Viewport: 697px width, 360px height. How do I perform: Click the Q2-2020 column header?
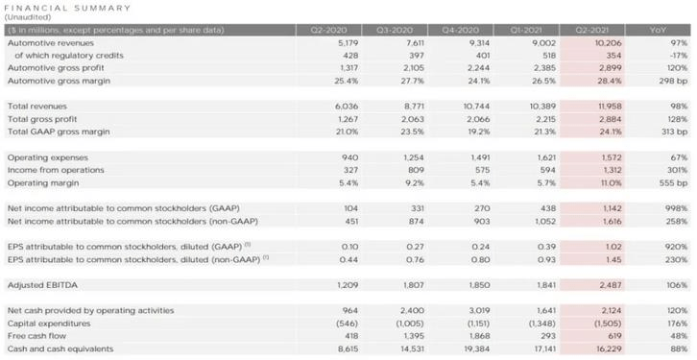329,30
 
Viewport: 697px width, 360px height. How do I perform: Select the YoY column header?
661,30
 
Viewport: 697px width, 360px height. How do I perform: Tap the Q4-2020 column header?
461,30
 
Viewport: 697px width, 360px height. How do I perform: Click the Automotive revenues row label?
51,43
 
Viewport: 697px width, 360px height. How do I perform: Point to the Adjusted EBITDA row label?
42,285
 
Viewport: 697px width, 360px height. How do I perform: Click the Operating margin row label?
43,182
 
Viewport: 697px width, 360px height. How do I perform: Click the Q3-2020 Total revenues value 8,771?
414,107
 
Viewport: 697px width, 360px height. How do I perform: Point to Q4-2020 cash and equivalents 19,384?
476,348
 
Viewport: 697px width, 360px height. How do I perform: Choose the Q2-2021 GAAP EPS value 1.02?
613,247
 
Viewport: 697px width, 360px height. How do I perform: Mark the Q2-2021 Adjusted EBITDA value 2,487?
611,285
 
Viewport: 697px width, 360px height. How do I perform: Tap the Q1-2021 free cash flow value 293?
548,336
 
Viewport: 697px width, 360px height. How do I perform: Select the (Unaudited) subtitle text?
28,17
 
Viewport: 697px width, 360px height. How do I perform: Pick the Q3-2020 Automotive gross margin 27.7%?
414,81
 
